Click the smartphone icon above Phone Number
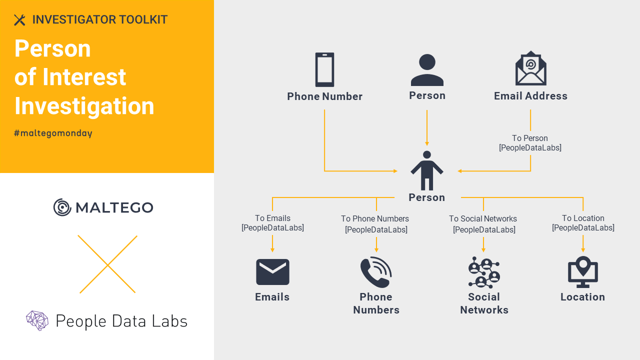(324, 70)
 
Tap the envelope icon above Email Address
(530, 68)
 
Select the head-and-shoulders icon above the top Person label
(427, 70)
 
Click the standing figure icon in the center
(426, 170)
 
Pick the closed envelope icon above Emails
(272, 272)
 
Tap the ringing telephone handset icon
(376, 272)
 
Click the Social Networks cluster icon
(483, 272)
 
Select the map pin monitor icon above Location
(582, 272)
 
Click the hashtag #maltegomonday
(53, 133)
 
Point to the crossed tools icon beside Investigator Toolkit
(19, 20)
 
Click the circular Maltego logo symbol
(62, 207)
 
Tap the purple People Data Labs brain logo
(37, 320)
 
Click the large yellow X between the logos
(107, 264)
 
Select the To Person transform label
(530, 143)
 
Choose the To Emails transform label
(272, 223)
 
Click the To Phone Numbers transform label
(375, 224)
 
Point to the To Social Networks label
(483, 224)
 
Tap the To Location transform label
(583, 223)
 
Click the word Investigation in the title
(84, 106)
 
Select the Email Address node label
(530, 96)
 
